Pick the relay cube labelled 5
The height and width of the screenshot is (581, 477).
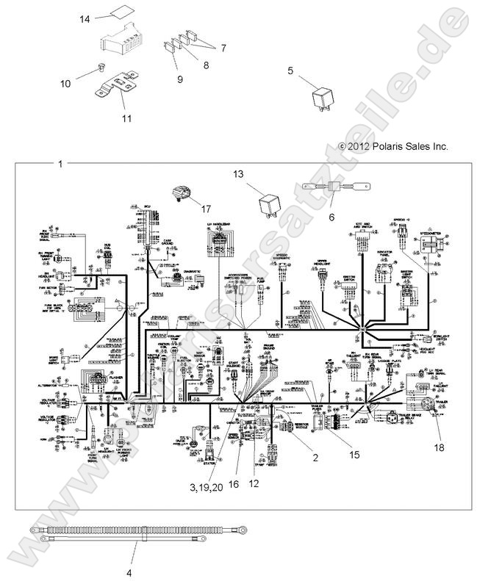click(320, 97)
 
